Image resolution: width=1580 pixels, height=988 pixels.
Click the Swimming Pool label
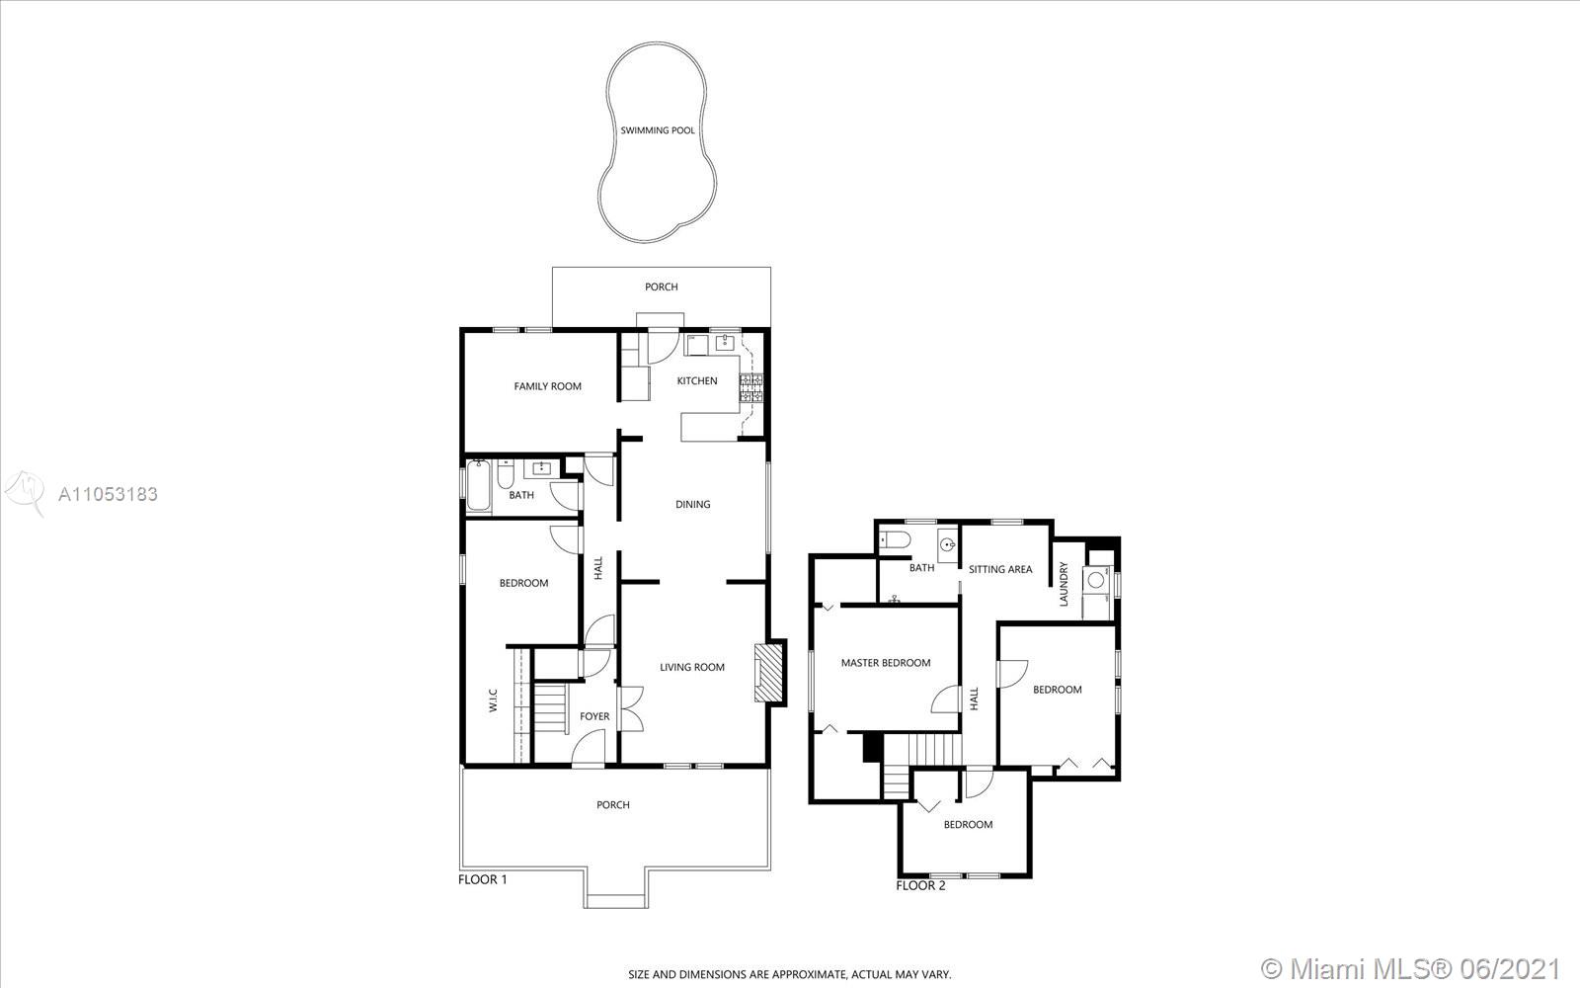[658, 130]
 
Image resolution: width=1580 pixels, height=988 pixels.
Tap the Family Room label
[547, 386]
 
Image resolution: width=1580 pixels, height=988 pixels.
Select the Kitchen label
[697, 381]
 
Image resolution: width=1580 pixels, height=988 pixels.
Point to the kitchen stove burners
[751, 388]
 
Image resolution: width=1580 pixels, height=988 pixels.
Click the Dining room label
[692, 505]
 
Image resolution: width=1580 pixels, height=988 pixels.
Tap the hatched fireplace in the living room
[768, 673]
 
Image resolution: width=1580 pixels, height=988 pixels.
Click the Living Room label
[692, 668]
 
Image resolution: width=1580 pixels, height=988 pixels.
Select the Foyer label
[594, 716]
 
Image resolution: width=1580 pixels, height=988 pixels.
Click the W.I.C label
[493, 700]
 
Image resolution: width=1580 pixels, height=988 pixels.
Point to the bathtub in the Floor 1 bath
[478, 485]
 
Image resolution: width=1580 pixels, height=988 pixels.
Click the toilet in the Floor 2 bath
[895, 540]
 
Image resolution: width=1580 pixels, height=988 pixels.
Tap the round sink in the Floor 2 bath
[948, 544]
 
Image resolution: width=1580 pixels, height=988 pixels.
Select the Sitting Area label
[1000, 569]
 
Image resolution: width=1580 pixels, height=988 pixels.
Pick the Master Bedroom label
[886, 663]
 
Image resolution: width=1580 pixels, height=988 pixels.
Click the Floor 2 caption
[920, 885]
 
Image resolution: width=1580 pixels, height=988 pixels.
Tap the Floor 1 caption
[483, 879]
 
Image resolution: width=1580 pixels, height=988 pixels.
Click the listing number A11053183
[108, 494]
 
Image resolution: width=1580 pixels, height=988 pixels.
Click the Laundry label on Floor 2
[1064, 584]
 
